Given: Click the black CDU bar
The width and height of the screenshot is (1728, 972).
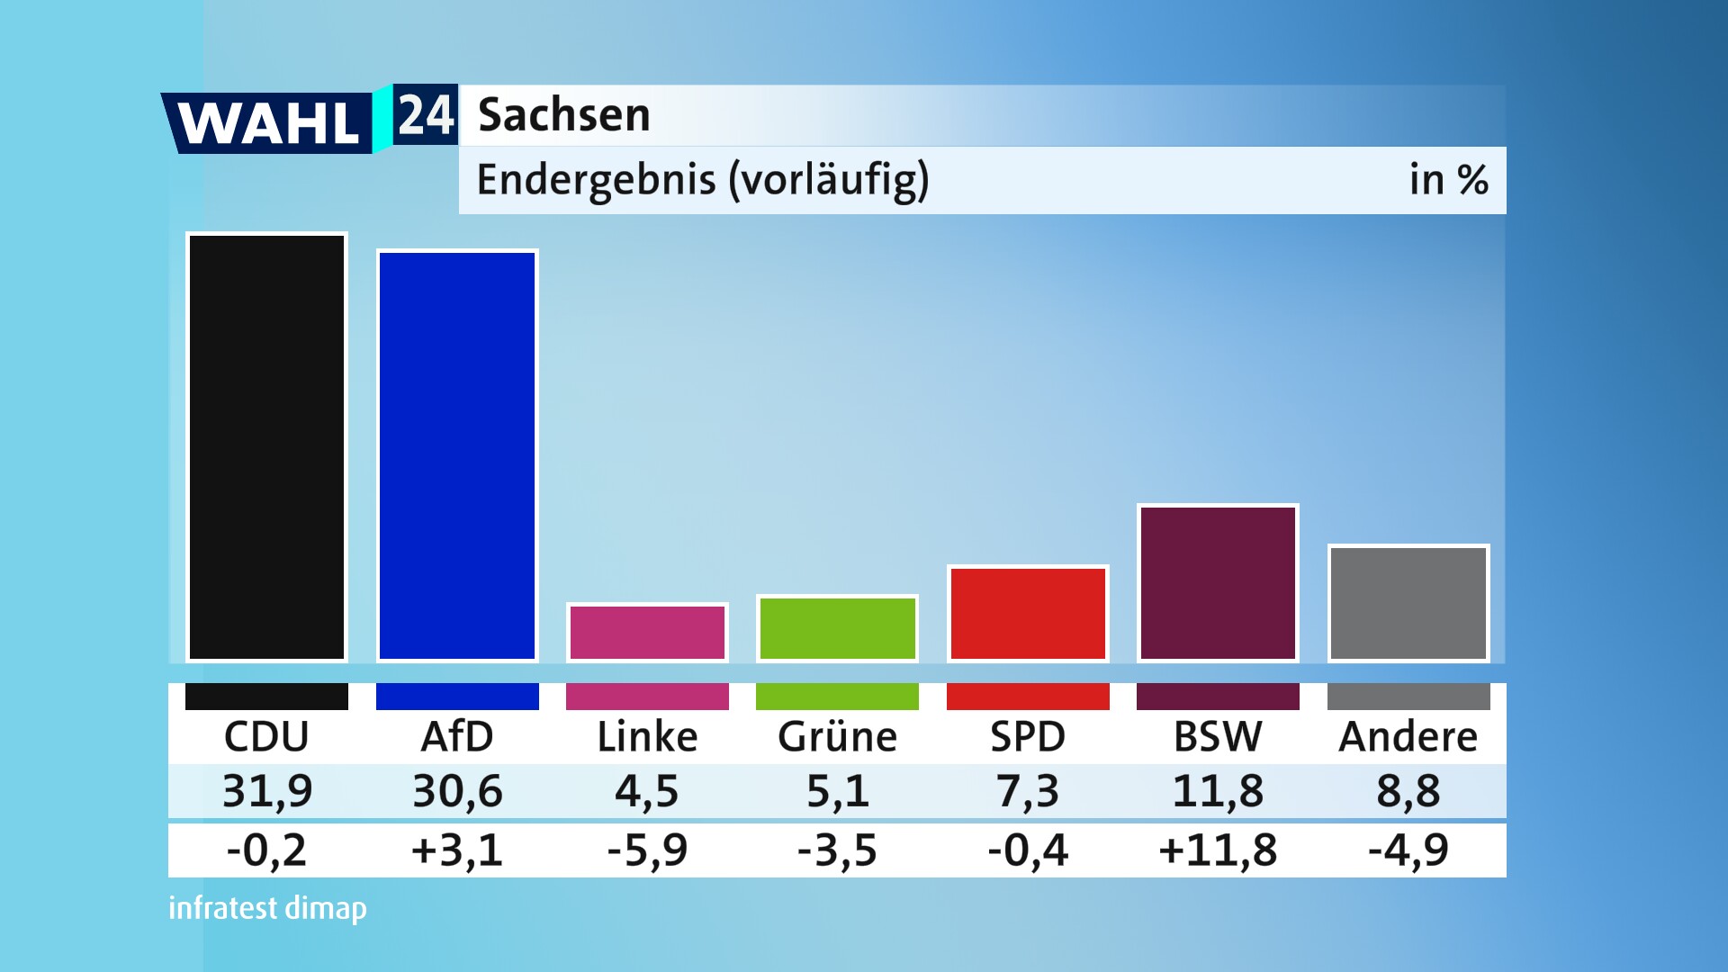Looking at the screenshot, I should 266,447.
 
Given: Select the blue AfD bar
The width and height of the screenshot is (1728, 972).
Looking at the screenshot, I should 457,455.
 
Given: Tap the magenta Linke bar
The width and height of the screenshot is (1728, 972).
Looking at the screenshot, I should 647,633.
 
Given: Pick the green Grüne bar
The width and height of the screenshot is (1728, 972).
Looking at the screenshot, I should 837,628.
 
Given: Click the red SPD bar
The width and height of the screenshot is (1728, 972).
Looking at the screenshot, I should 1028,614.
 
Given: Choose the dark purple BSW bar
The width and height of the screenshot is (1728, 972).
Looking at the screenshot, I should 1218,583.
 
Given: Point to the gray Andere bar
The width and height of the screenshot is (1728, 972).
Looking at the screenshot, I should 1408,603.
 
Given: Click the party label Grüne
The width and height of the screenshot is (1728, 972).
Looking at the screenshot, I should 837,737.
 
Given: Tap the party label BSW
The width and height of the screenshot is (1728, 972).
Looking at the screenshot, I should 1218,737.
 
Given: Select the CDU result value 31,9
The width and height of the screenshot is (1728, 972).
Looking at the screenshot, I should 267,791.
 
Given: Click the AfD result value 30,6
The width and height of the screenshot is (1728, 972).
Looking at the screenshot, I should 457,791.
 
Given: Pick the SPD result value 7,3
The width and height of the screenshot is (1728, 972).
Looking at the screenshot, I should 1028,791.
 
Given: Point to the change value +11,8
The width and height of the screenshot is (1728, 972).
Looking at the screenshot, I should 1218,850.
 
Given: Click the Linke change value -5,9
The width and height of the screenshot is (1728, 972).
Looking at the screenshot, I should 647,850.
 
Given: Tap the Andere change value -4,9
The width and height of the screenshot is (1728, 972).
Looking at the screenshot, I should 1408,850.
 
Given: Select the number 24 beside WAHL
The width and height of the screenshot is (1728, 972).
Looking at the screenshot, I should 426,115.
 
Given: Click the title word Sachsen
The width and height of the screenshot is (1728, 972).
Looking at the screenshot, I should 563,115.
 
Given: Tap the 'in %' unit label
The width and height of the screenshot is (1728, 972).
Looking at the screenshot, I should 1448,180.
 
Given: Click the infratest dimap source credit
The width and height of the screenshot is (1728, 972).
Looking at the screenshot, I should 267,908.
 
